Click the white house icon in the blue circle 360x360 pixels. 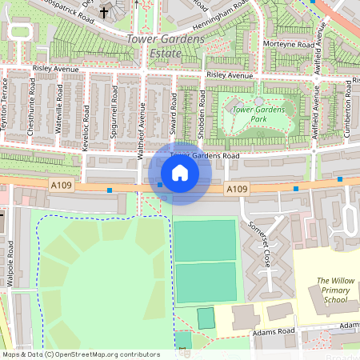tap(180, 172)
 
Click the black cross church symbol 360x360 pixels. tap(104, 14)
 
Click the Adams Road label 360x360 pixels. tap(275, 330)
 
